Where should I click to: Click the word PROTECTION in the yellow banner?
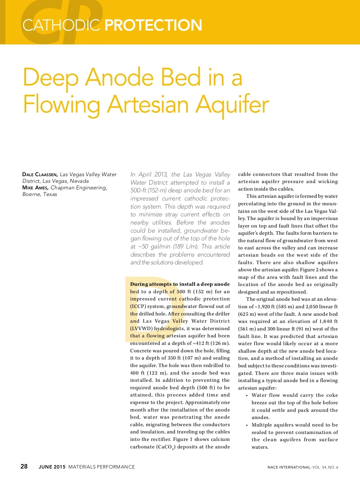153,25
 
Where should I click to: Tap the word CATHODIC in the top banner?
61,25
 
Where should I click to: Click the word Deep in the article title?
51,77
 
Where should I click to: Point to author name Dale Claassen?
40,174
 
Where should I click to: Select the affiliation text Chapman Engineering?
79,188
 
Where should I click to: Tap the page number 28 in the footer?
24,466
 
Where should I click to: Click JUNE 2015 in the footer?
52,467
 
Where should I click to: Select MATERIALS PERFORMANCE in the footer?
101,467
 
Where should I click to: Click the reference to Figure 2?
312,270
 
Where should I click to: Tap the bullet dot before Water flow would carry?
247,396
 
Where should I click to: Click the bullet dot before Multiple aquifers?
247,425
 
